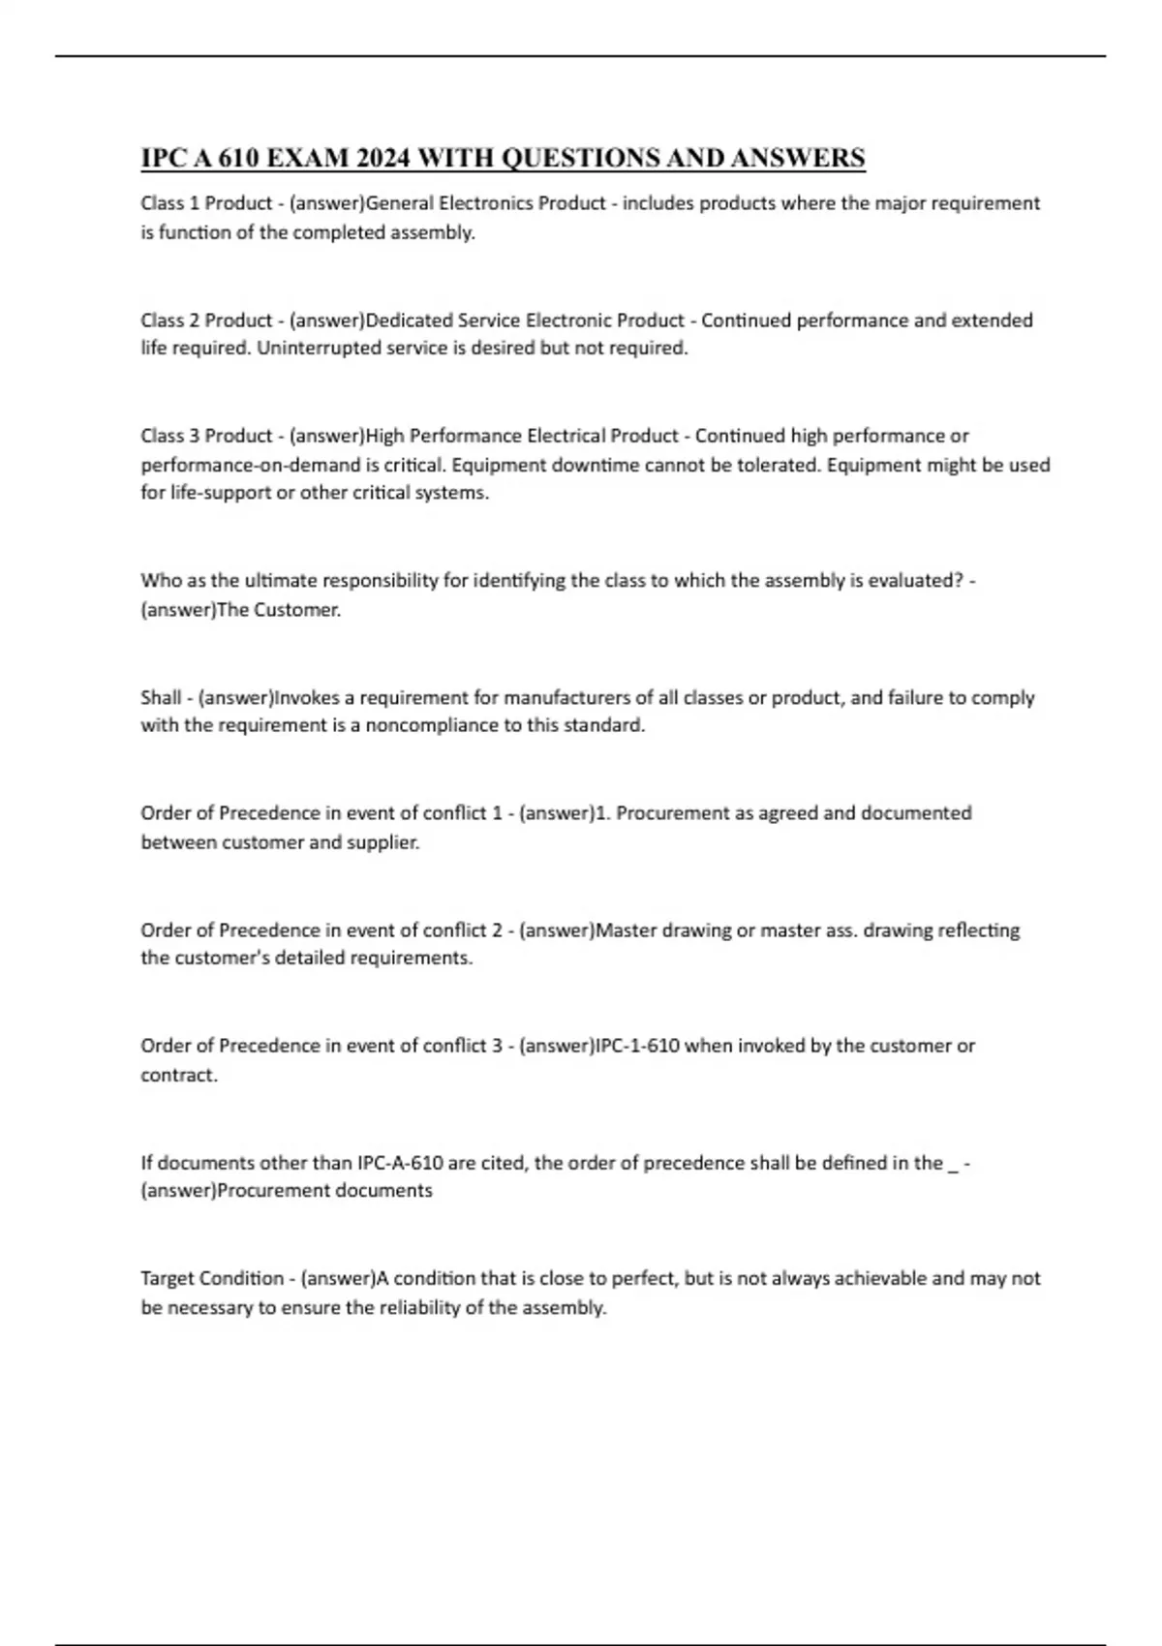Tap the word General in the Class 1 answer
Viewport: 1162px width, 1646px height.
coord(399,203)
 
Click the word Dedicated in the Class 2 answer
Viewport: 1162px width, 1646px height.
coord(409,320)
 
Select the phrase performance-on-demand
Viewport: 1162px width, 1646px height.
coord(250,465)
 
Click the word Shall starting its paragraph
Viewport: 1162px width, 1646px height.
coord(161,697)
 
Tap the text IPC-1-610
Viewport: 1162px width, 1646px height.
coord(637,1046)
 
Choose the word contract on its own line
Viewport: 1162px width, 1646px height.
coord(178,1075)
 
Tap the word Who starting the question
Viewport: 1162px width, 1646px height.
coord(160,581)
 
